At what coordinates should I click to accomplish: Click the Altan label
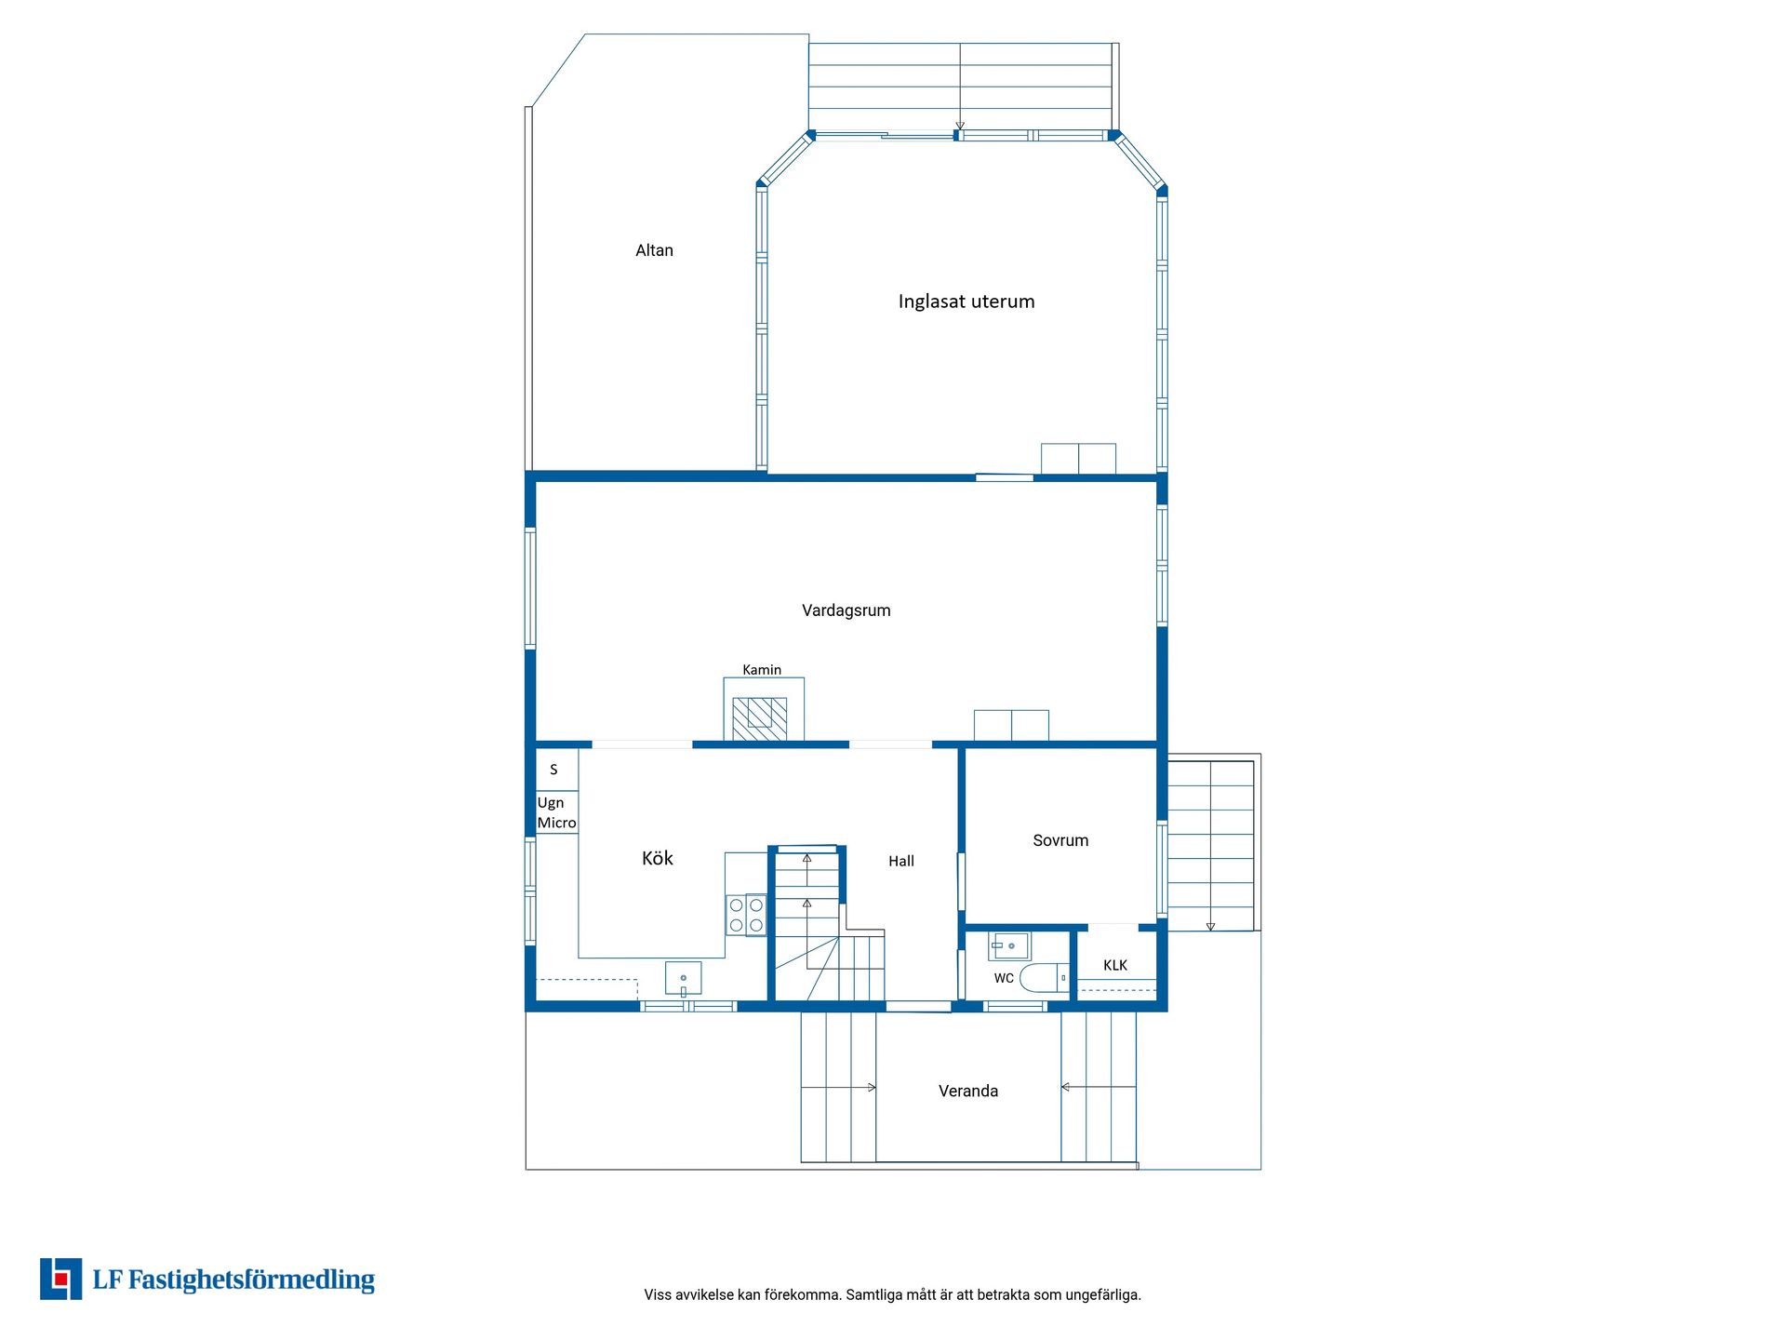(654, 250)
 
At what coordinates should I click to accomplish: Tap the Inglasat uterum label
(966, 301)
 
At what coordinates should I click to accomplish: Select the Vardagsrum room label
(846, 610)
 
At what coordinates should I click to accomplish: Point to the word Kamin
(762, 670)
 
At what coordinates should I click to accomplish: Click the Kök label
(658, 858)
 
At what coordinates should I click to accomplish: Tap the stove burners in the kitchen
(746, 914)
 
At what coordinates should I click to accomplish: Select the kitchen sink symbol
(684, 979)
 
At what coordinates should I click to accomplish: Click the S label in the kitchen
(553, 770)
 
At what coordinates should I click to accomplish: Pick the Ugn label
(551, 803)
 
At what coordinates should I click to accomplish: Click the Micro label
(557, 823)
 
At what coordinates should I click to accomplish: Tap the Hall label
(901, 862)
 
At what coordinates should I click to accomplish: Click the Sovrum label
(1060, 840)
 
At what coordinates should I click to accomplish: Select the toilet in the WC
(1045, 978)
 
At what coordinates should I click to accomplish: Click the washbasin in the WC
(1009, 946)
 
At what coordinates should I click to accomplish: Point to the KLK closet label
(1115, 966)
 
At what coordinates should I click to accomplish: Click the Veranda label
(968, 1091)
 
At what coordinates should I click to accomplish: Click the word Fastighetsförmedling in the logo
(251, 1280)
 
